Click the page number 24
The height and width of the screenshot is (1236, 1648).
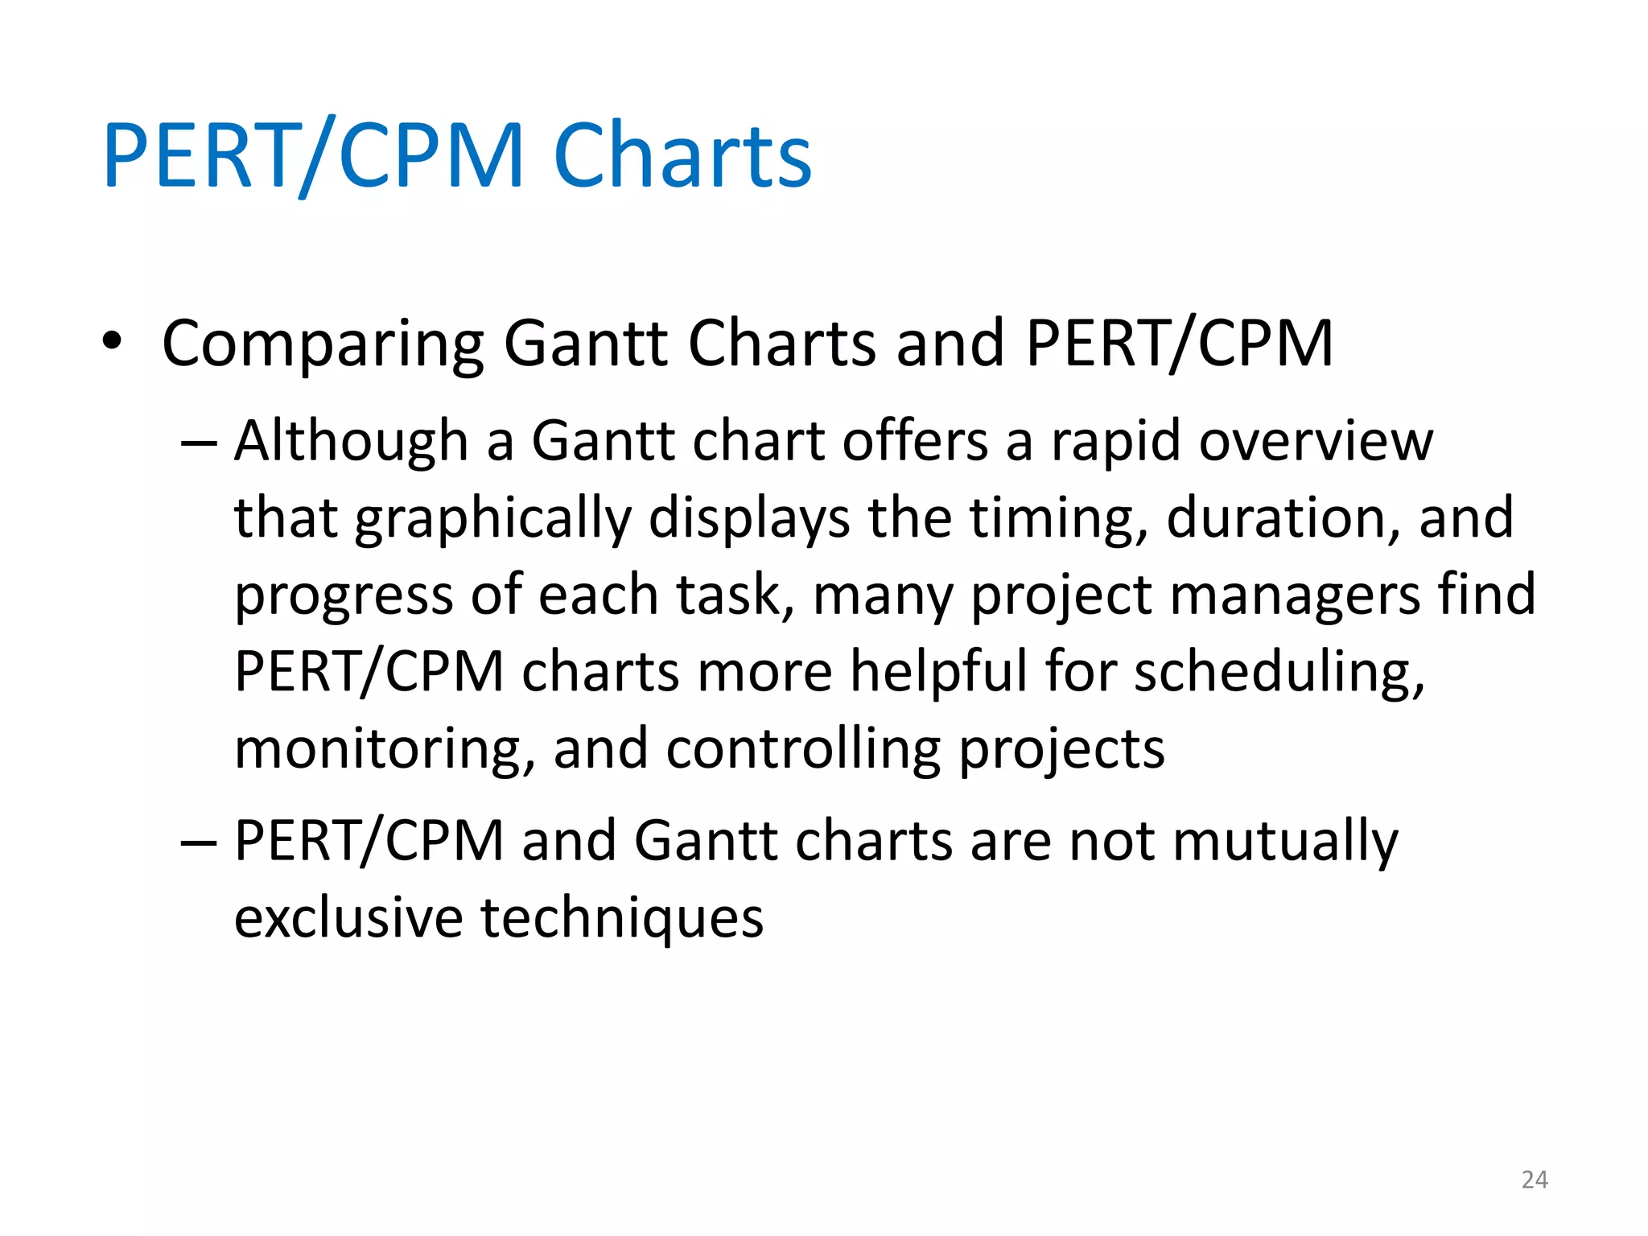tap(1535, 1180)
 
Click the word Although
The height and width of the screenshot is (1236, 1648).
tap(351, 441)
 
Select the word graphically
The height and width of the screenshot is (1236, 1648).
tap(492, 520)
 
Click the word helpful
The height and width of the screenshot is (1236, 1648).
tap(938, 671)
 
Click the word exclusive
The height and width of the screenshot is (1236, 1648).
tap(348, 917)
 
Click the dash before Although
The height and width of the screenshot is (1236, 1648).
tap(199, 443)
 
